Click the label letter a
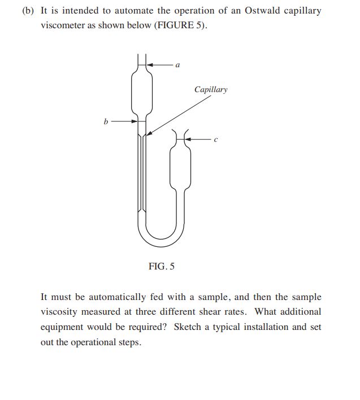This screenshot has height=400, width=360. (x=178, y=66)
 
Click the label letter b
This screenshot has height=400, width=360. (x=106, y=120)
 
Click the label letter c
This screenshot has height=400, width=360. (x=215, y=138)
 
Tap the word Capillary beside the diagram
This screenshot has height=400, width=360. (x=210, y=90)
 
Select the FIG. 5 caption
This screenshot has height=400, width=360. (x=161, y=266)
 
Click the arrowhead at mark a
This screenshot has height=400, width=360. (x=150, y=65)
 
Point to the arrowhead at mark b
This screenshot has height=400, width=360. (x=135, y=120)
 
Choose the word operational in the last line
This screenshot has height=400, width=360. (x=97, y=342)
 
